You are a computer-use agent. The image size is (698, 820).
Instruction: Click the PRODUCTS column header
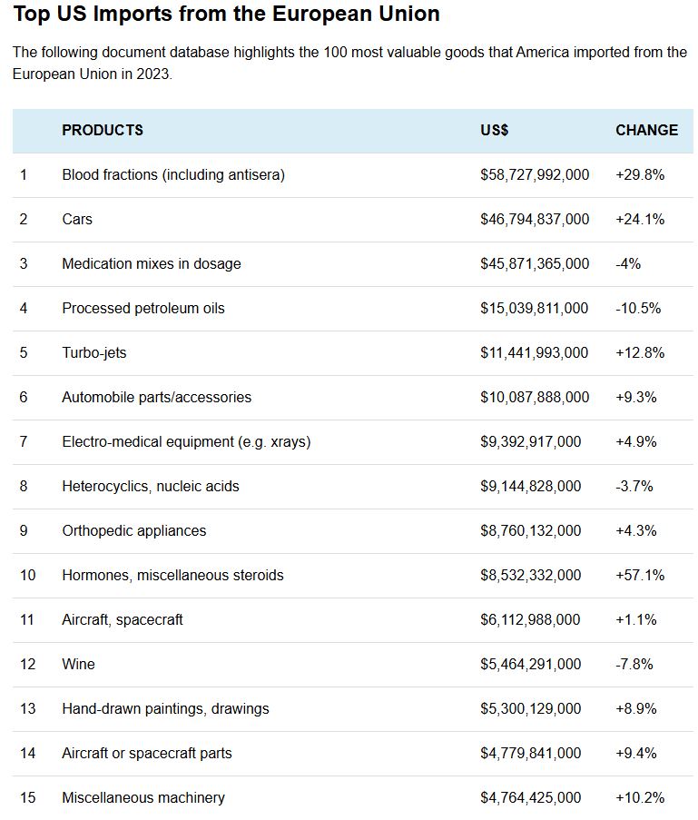click(103, 130)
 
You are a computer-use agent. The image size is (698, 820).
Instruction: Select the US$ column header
click(494, 130)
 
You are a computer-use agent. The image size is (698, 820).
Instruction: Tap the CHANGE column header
click(647, 130)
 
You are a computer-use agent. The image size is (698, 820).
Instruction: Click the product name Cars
click(77, 219)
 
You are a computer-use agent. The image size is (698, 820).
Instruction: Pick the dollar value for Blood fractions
click(535, 174)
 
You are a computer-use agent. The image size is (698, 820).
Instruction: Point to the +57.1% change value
click(640, 575)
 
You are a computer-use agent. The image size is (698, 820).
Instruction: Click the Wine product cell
click(78, 664)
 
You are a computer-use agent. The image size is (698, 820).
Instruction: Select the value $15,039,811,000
click(535, 309)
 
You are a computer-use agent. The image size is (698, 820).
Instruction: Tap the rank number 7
click(24, 442)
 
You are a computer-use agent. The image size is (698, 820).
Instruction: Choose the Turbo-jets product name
click(94, 353)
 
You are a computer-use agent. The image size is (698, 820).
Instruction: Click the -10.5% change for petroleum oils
click(638, 308)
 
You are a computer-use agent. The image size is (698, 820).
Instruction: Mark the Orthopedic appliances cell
click(133, 531)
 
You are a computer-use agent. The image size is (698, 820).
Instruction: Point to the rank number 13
click(28, 708)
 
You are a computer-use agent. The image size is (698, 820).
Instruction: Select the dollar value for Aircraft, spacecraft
click(530, 619)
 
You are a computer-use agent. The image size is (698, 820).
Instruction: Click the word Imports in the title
click(133, 15)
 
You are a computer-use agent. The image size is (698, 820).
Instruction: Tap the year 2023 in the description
click(152, 74)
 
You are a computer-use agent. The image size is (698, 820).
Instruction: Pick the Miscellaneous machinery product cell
click(143, 797)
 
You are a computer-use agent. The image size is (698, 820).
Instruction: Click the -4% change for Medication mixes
click(628, 263)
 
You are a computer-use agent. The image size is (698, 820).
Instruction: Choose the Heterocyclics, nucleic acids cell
click(151, 487)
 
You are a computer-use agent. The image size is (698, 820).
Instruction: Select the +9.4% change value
click(635, 753)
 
